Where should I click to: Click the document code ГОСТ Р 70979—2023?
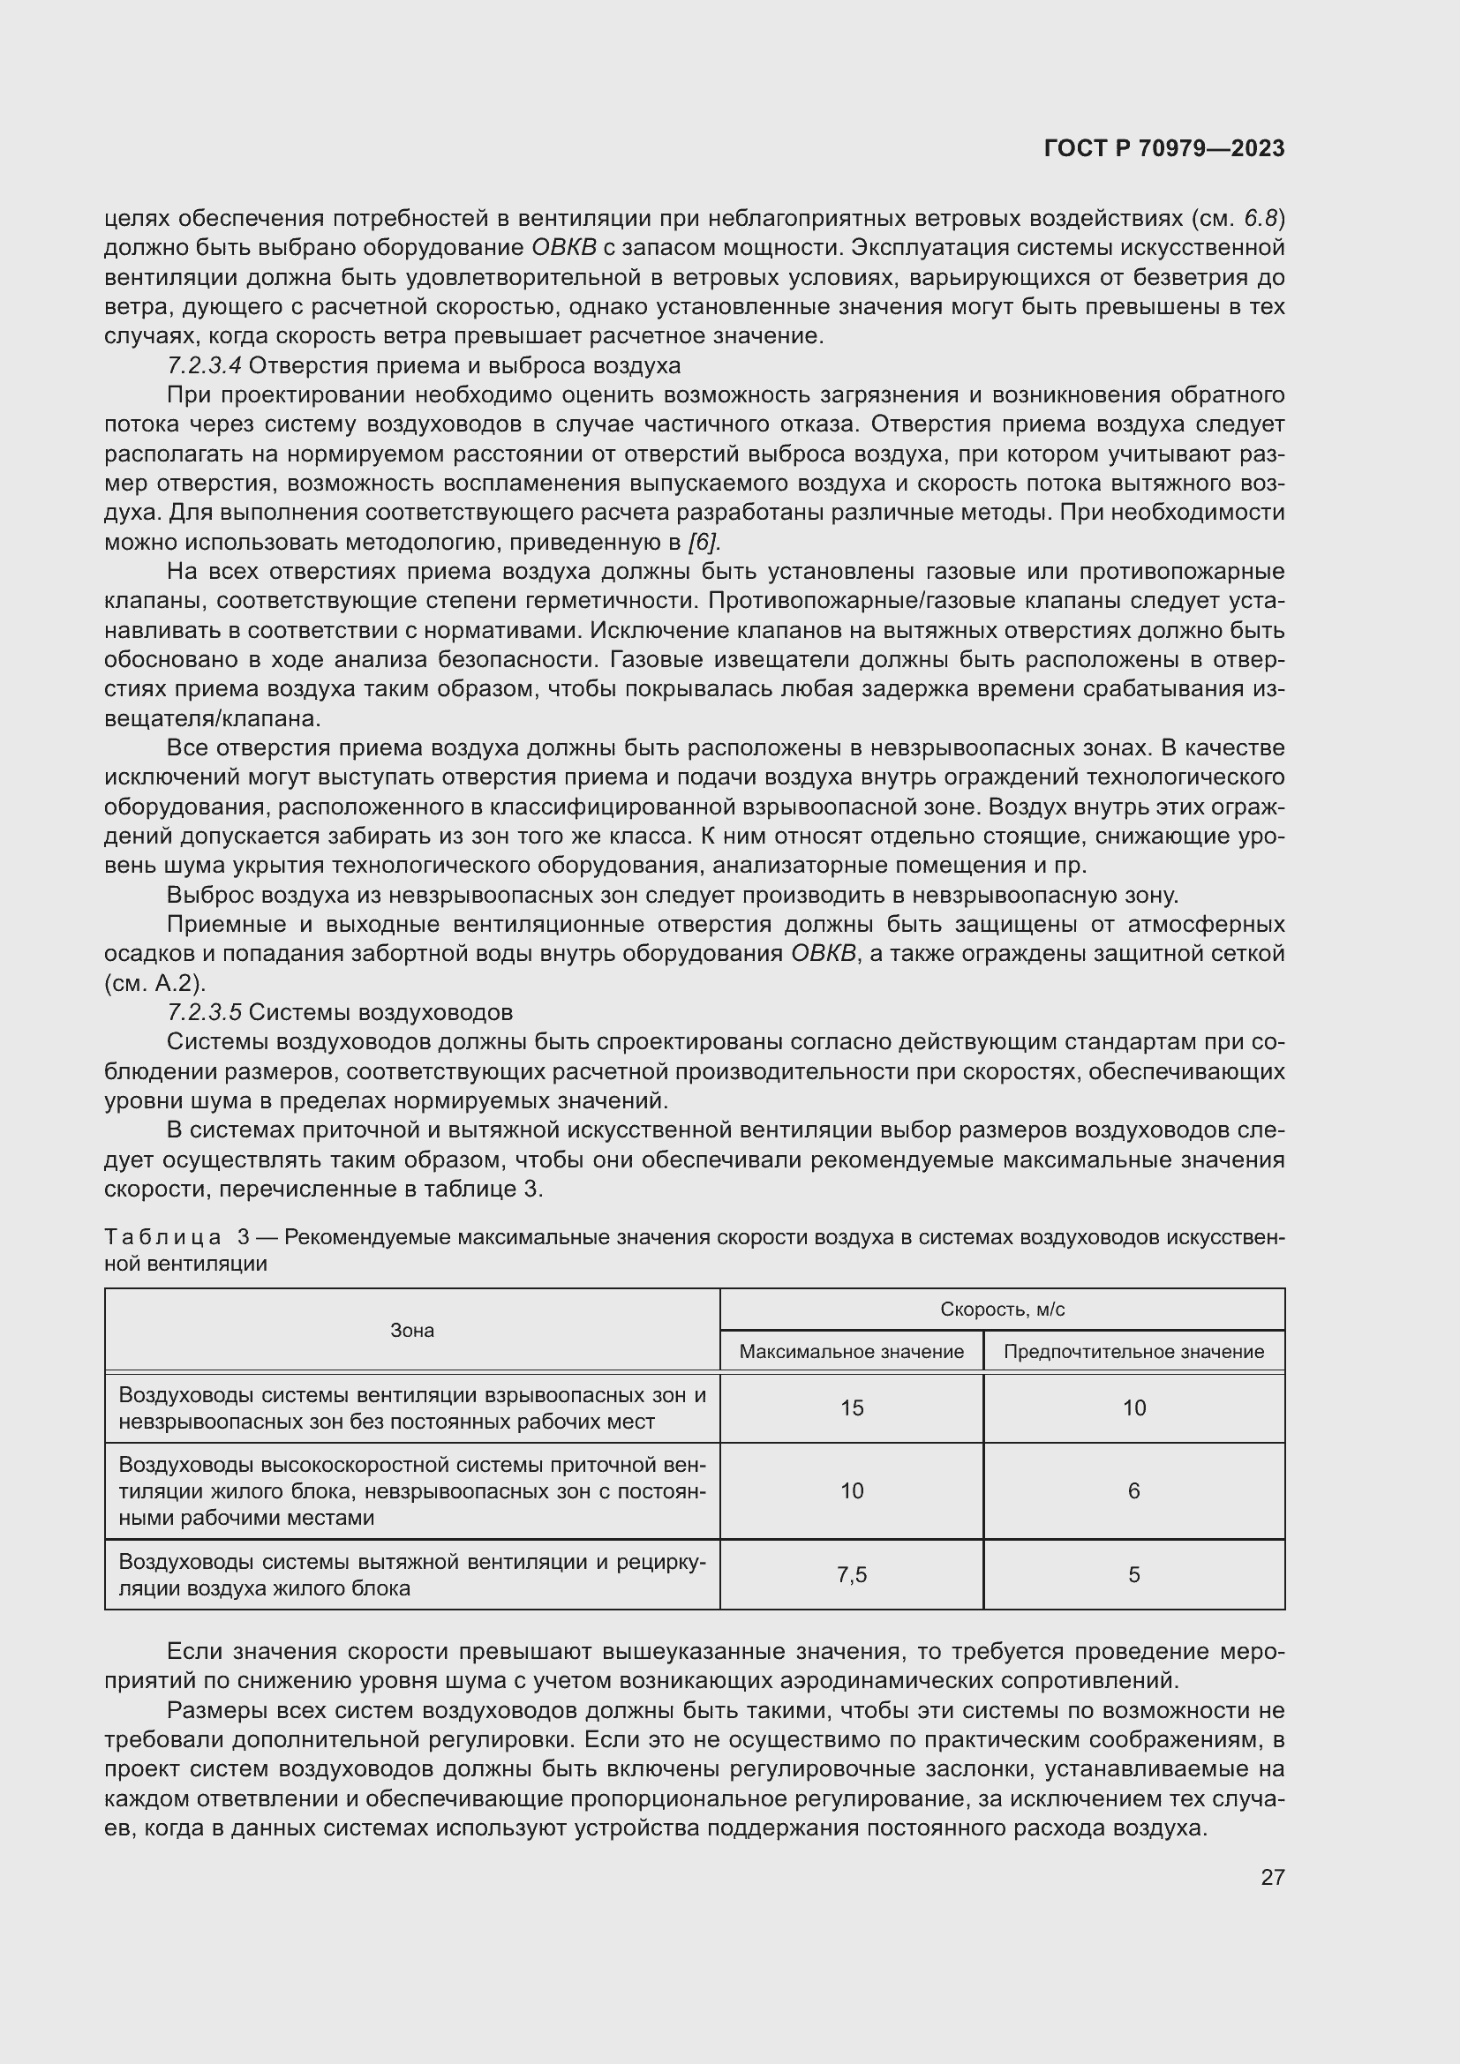point(1163,149)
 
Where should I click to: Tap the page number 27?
point(1272,1877)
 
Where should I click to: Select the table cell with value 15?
point(851,1407)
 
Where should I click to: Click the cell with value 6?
point(1133,1490)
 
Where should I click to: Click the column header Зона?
point(411,1331)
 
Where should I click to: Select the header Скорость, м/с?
point(1002,1310)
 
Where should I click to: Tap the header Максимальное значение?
point(851,1352)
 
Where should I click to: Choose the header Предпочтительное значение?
point(1133,1352)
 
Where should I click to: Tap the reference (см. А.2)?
point(154,983)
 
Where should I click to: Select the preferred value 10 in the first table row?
point(1133,1407)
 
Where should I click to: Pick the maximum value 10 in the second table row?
point(851,1490)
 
